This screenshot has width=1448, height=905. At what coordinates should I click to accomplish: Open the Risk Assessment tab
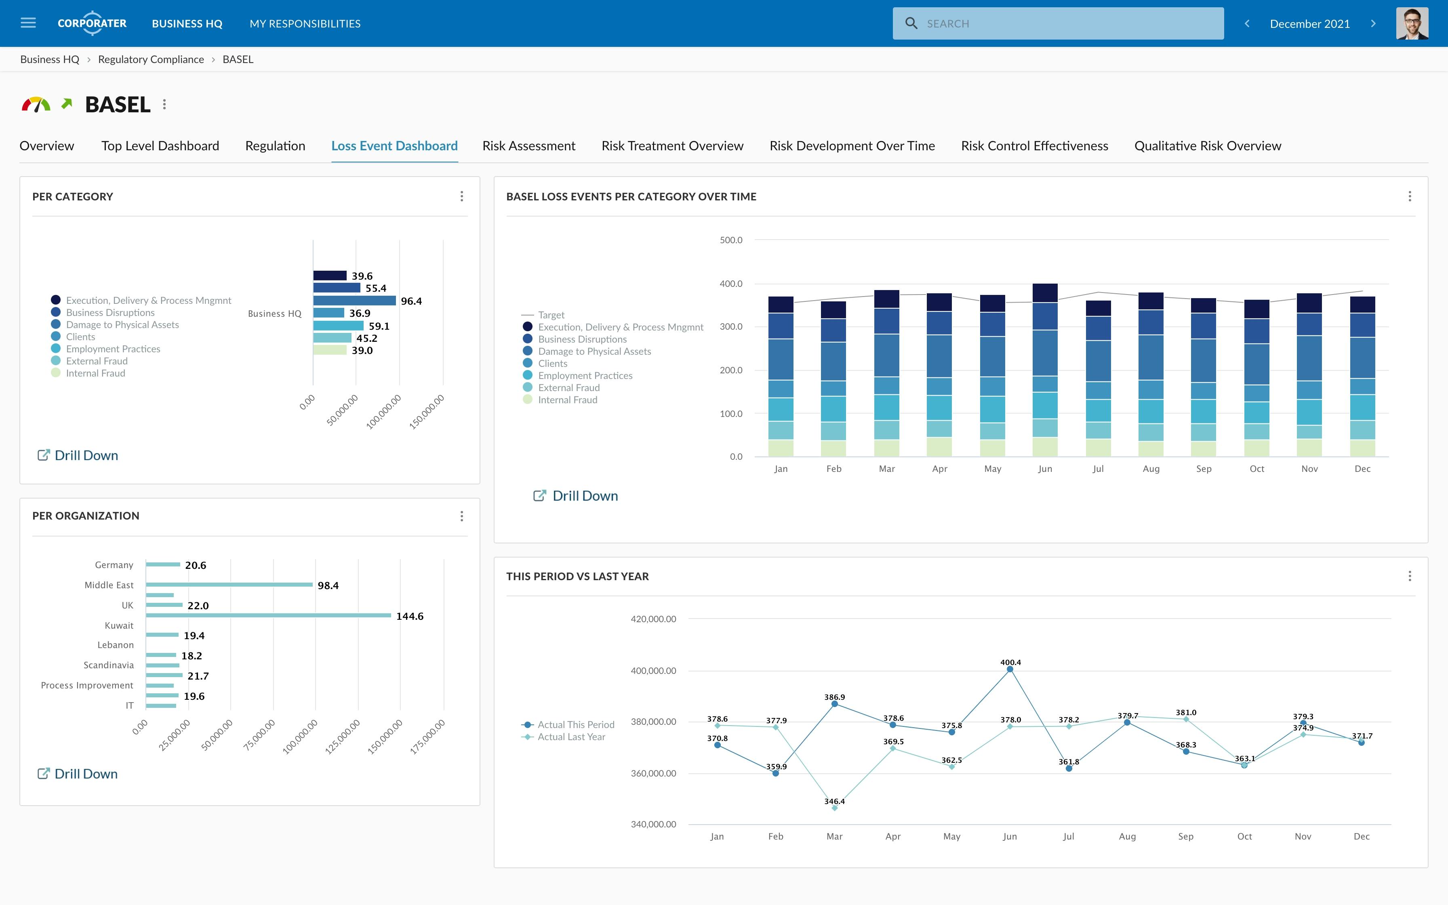click(x=528, y=146)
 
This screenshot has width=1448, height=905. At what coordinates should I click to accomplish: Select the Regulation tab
click(x=275, y=146)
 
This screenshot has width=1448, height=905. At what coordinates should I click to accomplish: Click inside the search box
click(x=1065, y=23)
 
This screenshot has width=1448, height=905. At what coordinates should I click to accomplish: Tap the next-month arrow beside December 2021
click(x=1373, y=23)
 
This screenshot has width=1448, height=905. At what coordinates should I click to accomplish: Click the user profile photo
click(x=1412, y=23)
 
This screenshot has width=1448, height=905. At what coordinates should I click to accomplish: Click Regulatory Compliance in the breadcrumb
click(x=151, y=59)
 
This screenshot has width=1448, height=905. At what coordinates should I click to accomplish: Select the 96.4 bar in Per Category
click(x=354, y=301)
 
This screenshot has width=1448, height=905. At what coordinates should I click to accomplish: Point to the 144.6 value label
click(x=410, y=616)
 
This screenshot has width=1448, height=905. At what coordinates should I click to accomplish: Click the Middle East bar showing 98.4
click(x=229, y=585)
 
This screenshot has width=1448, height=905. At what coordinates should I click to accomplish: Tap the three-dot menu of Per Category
click(x=461, y=196)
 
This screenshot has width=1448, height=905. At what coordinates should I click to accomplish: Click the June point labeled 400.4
click(x=1010, y=669)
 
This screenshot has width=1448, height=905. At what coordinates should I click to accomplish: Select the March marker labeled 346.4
click(x=835, y=808)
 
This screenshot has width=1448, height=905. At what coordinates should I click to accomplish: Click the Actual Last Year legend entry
click(x=571, y=737)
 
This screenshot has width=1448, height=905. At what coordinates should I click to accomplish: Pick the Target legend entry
click(x=551, y=315)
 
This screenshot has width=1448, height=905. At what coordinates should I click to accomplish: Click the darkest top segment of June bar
click(x=1045, y=293)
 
